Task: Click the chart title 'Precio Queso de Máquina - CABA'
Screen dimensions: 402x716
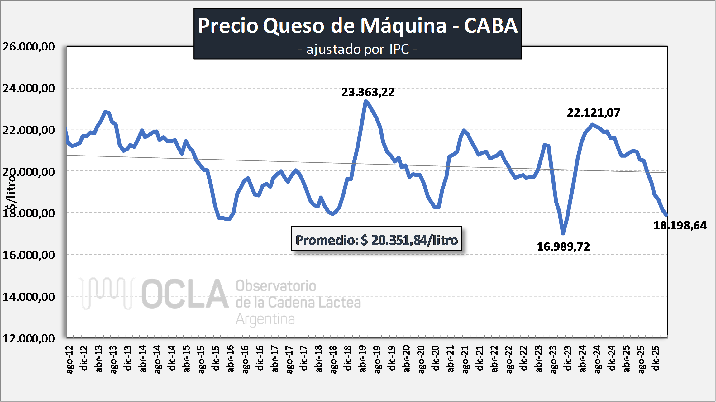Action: pyautogui.click(x=357, y=26)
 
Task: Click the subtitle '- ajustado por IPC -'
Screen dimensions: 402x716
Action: pyautogui.click(x=357, y=49)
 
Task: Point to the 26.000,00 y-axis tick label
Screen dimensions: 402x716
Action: pyautogui.click(x=29, y=47)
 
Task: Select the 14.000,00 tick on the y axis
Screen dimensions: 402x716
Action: pyautogui.click(x=29, y=297)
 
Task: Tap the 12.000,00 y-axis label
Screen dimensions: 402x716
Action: pyautogui.click(x=29, y=338)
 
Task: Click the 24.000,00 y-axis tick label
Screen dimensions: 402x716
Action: pyautogui.click(x=29, y=89)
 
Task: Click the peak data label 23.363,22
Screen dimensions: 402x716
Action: pyautogui.click(x=368, y=92)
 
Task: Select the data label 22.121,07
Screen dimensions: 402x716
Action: pyautogui.click(x=593, y=113)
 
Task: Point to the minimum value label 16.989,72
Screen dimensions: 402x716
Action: pyautogui.click(x=563, y=247)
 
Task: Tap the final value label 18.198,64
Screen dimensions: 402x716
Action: pyautogui.click(x=680, y=226)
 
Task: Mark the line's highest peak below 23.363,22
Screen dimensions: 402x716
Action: pyautogui.click(x=365, y=101)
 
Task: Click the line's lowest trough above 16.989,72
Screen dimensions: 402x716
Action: pyautogui.click(x=563, y=233)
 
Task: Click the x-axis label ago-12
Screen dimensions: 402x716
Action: pyautogui.click(x=70, y=359)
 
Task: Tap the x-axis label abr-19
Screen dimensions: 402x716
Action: pyautogui.click(x=363, y=359)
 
